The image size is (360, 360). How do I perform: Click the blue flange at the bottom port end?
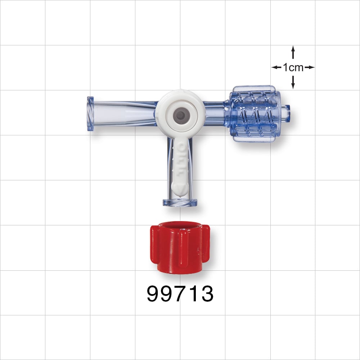(180, 202)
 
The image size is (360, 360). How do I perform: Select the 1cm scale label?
(293, 67)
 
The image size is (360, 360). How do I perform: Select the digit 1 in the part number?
(193, 294)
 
